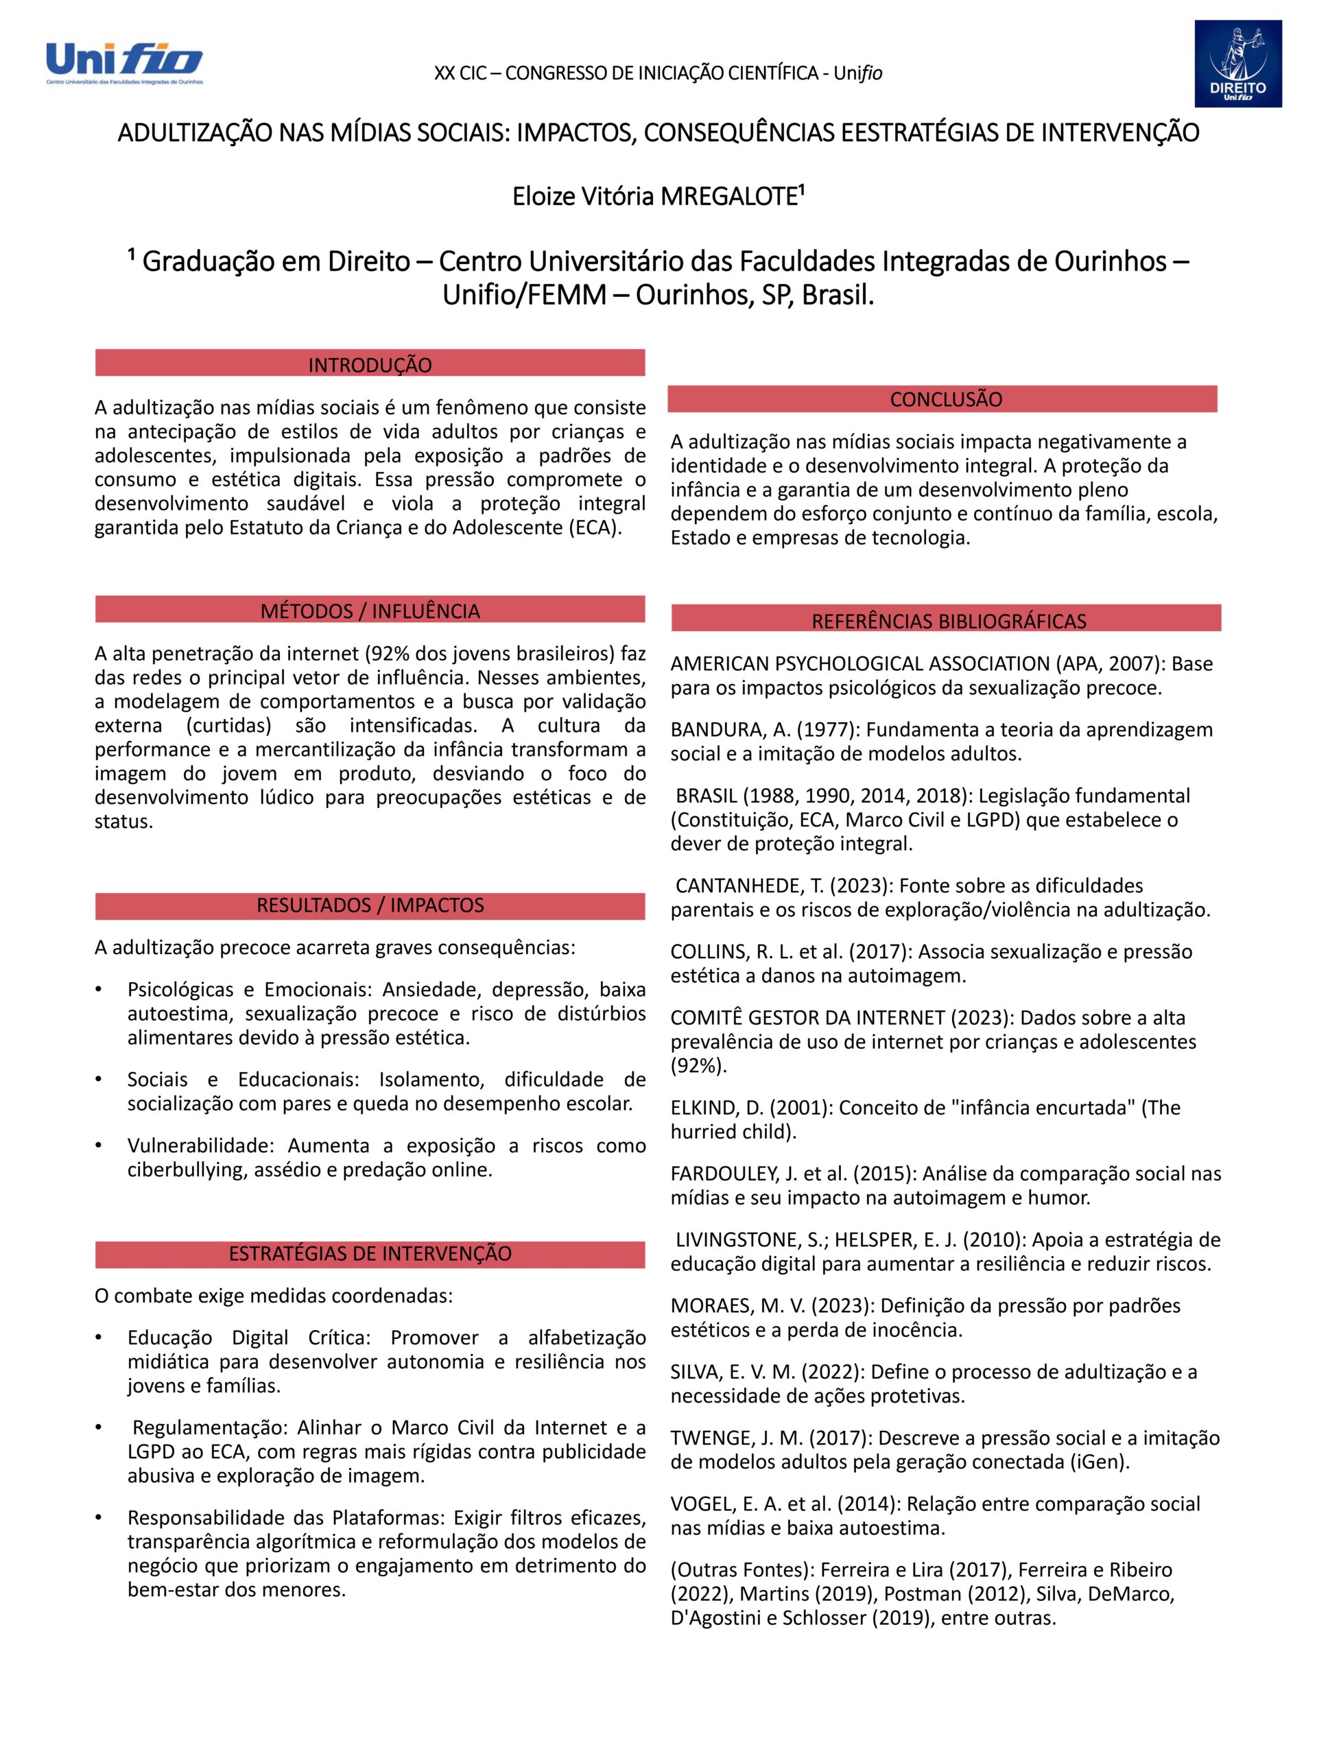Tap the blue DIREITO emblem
(1237, 64)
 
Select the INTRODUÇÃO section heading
(370, 364)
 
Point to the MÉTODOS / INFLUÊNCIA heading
(370, 610)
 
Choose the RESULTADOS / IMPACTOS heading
(370, 905)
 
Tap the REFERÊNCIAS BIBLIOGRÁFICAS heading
(948, 621)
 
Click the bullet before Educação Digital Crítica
(99, 1338)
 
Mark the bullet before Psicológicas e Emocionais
(99, 990)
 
